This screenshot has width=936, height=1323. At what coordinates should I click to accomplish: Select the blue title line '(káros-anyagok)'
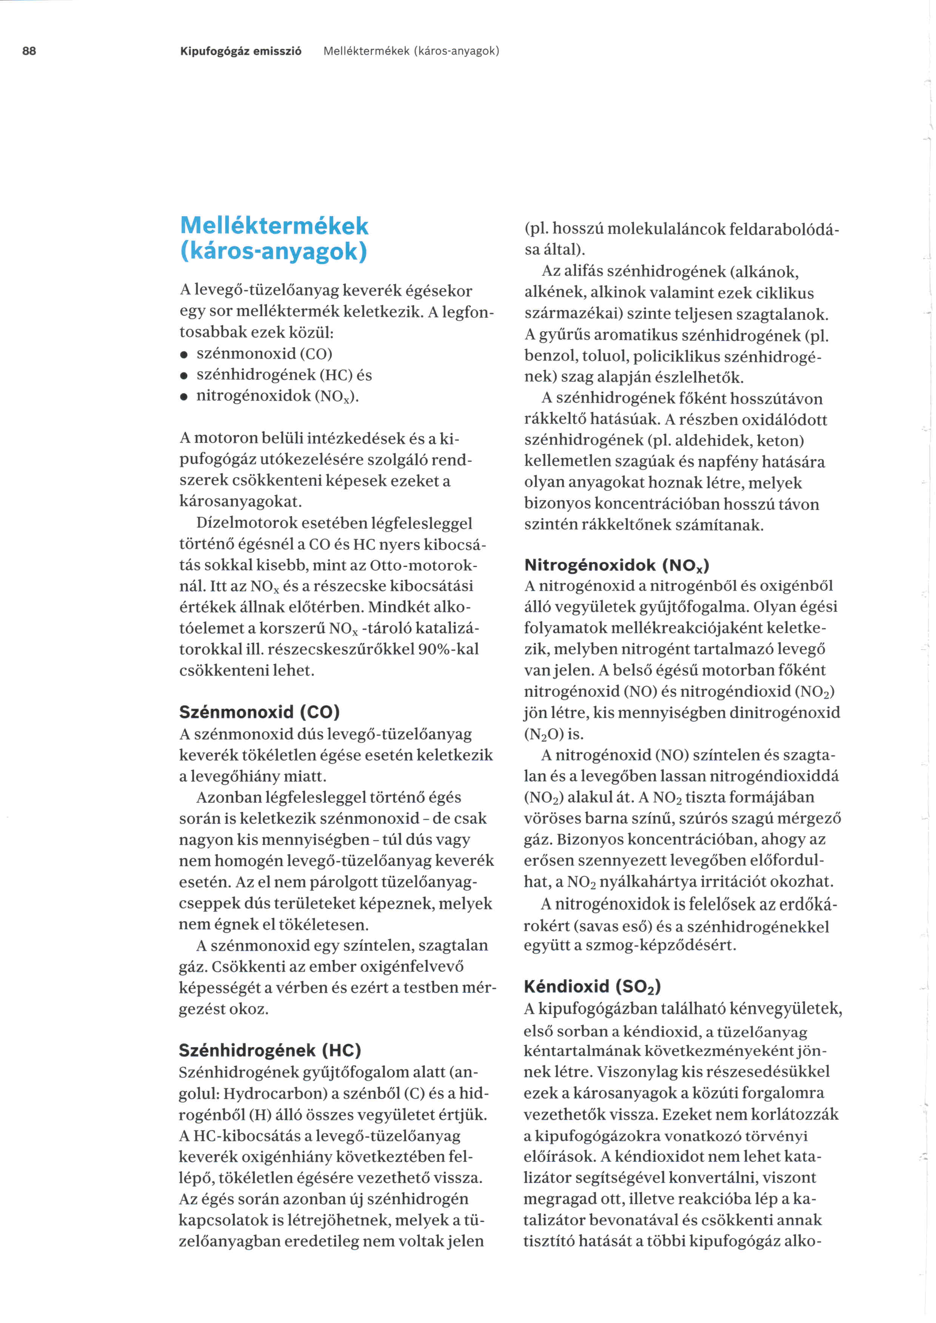pyautogui.click(x=274, y=251)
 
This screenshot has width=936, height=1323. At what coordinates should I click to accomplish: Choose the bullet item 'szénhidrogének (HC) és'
pyautogui.click(x=284, y=375)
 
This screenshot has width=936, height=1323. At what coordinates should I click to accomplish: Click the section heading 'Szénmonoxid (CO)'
pyautogui.click(x=259, y=712)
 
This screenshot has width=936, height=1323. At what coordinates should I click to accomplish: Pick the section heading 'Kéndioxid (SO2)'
pyautogui.click(x=592, y=986)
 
